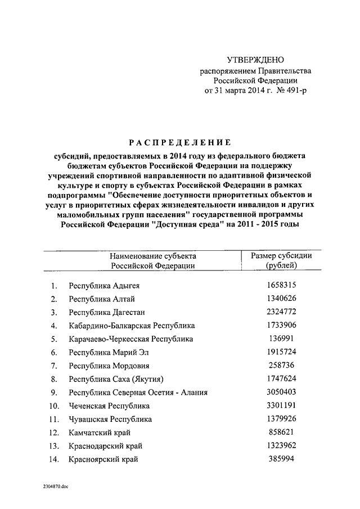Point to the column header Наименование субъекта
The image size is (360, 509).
[x=153, y=256]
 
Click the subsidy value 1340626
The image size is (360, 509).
[x=282, y=298]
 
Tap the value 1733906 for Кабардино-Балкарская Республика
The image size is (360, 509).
[x=282, y=325]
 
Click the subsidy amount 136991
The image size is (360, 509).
[x=282, y=339]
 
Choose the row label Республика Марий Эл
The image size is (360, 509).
[x=110, y=353]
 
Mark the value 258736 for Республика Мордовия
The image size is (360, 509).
[x=282, y=366]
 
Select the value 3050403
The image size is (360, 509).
[x=282, y=392]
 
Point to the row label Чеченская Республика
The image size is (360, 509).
[x=109, y=406]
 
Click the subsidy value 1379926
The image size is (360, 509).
[x=282, y=419]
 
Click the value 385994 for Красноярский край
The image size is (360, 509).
[x=282, y=459]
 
